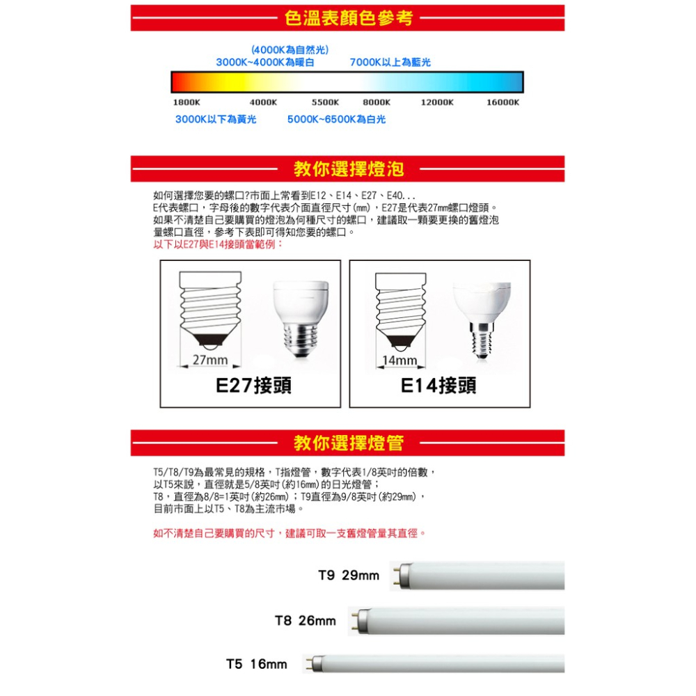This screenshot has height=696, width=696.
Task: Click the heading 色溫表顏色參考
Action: coord(348,18)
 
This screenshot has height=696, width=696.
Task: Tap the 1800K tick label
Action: coord(186,102)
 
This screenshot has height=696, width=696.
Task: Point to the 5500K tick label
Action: coord(325,102)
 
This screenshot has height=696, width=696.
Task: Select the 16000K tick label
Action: coord(503,102)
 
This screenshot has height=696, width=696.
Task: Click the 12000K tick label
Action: coord(437,102)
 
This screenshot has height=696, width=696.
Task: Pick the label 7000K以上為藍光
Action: coord(390,63)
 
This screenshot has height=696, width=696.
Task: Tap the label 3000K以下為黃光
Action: coord(216,120)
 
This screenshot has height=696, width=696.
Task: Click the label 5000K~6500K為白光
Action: coord(336,120)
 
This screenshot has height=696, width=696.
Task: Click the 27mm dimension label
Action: coord(210,361)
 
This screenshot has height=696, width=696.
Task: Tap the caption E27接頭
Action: coord(254,386)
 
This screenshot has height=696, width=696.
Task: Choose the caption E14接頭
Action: coord(438,386)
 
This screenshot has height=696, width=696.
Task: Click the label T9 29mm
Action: coord(349,576)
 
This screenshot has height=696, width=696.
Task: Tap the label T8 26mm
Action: coord(306,620)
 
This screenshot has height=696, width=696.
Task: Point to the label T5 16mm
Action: coord(257,665)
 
